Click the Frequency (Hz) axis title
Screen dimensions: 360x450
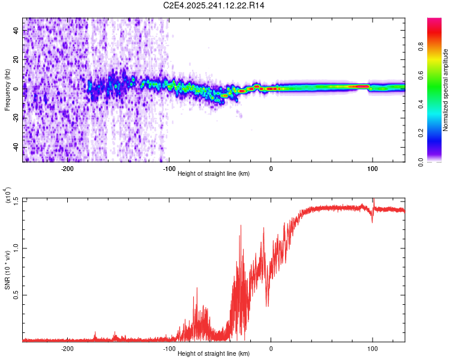pos(7,90)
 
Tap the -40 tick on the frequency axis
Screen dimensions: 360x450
pos(14,147)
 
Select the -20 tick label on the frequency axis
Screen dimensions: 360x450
pos(14,118)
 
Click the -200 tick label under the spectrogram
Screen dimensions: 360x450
pos(67,169)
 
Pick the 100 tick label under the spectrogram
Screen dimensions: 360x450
pos(373,169)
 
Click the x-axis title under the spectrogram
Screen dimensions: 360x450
pos(214,174)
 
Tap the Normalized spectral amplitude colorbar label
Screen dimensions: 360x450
pos(446,90)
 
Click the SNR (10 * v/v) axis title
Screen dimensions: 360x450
pos(7,270)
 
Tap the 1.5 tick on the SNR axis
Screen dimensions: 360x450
pos(16,200)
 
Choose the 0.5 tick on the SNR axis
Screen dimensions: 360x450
pos(16,295)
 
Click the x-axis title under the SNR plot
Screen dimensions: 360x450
pos(214,354)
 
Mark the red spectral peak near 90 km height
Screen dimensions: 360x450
pos(360,86)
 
